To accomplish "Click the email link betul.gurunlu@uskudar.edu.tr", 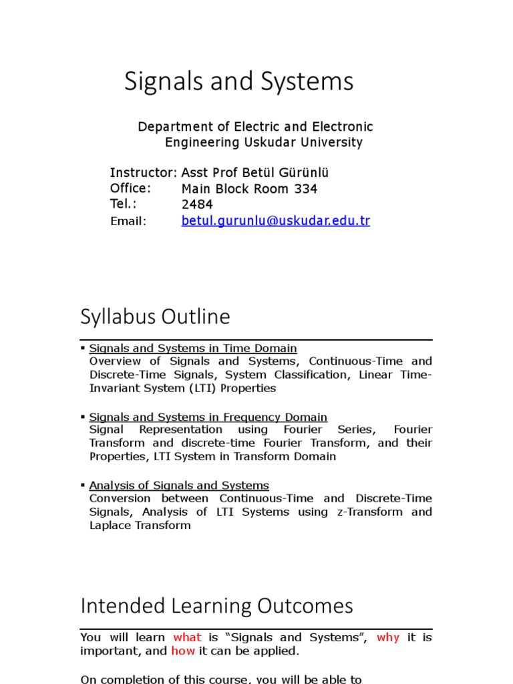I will [275, 221].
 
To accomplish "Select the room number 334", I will [305, 189].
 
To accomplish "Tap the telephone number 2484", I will [197, 205].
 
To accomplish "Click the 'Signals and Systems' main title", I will [238, 81].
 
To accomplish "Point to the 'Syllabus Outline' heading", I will [155, 316].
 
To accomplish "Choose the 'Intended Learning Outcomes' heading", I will [216, 606].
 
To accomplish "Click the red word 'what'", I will [187, 637].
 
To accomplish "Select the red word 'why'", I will [387, 637].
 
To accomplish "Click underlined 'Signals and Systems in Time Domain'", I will [193, 348].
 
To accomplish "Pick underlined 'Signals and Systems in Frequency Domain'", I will [208, 417].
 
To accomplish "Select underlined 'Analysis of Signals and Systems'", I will [179, 486].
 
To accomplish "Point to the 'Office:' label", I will [130, 188].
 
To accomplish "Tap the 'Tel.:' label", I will [123, 204].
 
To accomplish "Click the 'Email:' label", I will [128, 221].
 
